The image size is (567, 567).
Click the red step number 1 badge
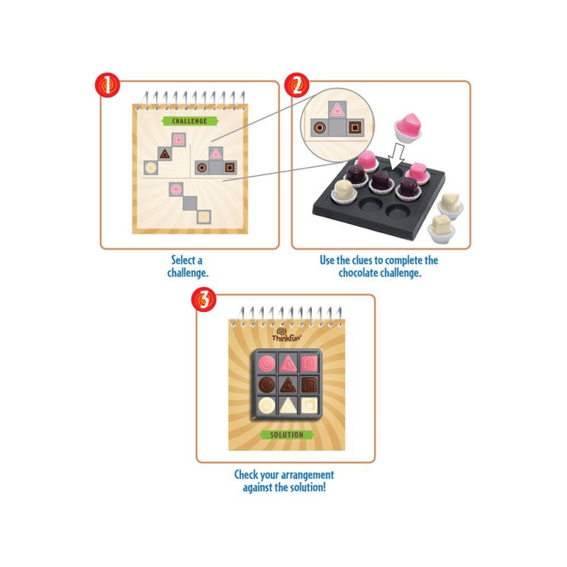coord(108,85)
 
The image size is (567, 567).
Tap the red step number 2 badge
coord(297,85)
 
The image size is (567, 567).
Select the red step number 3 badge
coord(204,299)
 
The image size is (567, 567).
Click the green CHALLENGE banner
coord(190,121)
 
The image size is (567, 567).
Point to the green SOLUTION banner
coord(287,434)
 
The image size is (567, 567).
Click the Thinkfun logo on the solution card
coord(286,335)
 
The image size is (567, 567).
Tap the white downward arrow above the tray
coord(397,155)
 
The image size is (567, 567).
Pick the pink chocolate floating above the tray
coord(408,128)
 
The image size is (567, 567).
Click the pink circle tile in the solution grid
coord(267,363)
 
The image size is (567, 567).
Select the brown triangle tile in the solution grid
coord(288,385)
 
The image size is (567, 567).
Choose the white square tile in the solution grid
coord(309,405)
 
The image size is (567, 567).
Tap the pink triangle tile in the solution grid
coord(288,363)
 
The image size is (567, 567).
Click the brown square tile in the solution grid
coord(309,385)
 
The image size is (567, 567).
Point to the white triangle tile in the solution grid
coord(288,405)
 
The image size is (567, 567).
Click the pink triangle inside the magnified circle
coord(337,110)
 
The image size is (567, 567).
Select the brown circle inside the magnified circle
coord(320,128)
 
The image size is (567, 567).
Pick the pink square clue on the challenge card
coord(179,140)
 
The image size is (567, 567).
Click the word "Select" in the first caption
coord(186,260)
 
